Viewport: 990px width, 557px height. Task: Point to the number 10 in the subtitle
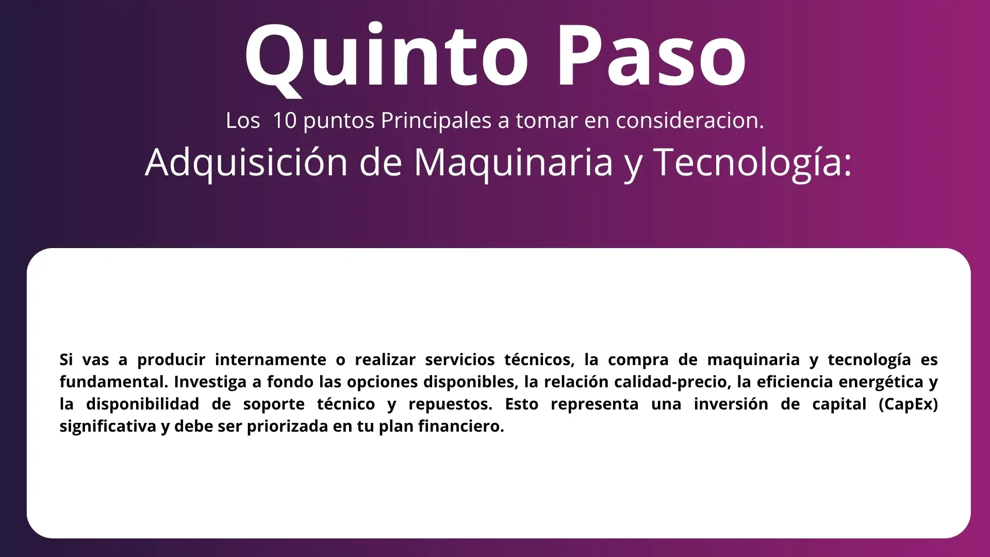click(x=284, y=121)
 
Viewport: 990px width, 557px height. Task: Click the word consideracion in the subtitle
click(x=690, y=121)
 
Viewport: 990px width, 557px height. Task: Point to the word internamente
click(x=271, y=359)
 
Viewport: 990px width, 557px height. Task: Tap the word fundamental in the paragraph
click(x=114, y=382)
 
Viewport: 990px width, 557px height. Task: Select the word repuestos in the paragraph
click(x=450, y=404)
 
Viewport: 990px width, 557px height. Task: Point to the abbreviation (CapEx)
click(x=908, y=404)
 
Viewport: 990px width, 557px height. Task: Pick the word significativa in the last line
click(x=108, y=427)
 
